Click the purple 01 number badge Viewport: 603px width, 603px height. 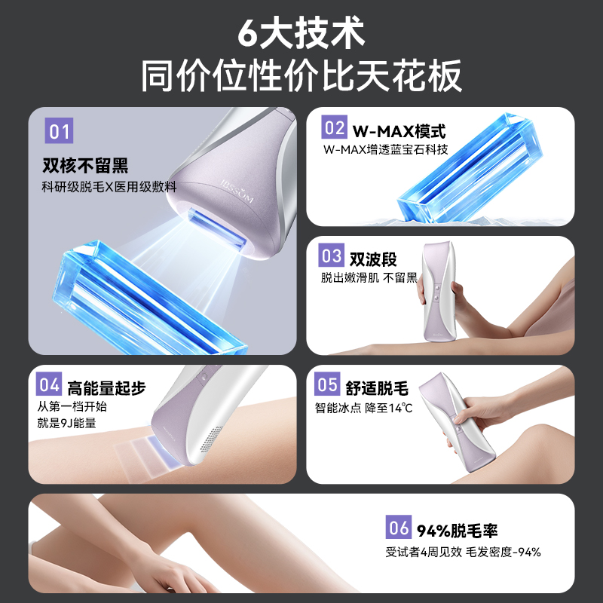60,133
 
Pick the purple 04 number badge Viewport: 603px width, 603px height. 49,385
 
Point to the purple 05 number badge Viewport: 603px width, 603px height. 328,385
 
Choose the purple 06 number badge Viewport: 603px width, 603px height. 398,529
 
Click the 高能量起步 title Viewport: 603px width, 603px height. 106,387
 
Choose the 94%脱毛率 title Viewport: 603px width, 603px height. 460,531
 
